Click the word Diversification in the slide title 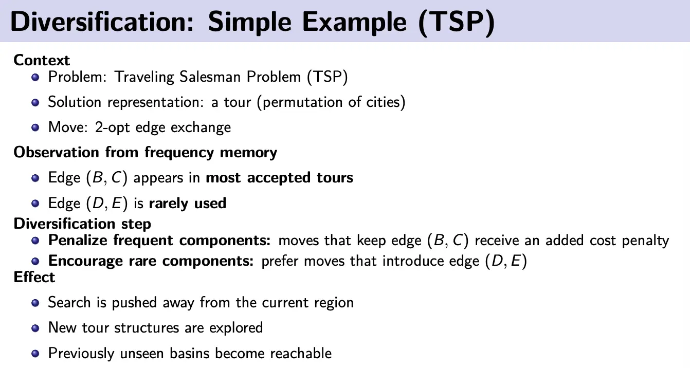click(x=102, y=22)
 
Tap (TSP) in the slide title click(x=457, y=22)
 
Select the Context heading click(x=42, y=60)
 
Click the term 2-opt click(x=112, y=127)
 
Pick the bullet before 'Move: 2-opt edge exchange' click(x=35, y=127)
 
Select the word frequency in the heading click(x=178, y=153)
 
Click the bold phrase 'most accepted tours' click(x=279, y=178)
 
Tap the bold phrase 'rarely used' click(x=188, y=203)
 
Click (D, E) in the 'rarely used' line click(x=106, y=204)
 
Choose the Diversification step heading click(x=82, y=224)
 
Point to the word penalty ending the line click(x=645, y=241)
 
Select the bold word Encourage click(x=86, y=261)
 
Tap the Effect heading click(x=34, y=277)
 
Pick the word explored click(x=236, y=328)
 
